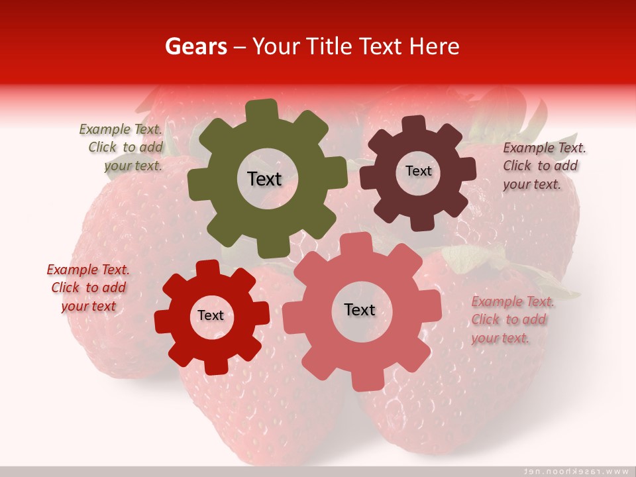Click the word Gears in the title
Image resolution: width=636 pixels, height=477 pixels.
tap(195, 46)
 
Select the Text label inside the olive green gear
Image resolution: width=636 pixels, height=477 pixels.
tap(264, 179)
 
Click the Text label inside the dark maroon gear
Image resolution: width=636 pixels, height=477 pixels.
tap(418, 171)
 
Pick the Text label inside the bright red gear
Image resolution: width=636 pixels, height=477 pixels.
tap(211, 315)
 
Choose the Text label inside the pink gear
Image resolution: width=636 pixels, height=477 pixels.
tap(360, 309)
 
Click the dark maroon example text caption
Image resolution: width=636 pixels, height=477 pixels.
tap(543, 166)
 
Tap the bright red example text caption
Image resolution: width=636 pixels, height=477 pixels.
tap(88, 288)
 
